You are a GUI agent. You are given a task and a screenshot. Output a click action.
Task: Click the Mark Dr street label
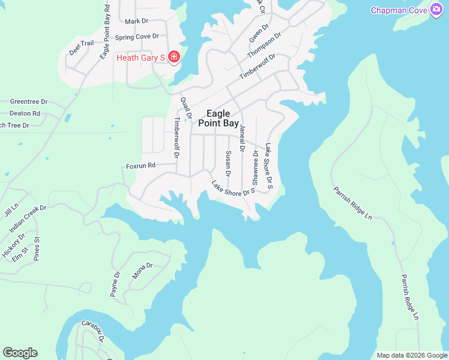(136, 21)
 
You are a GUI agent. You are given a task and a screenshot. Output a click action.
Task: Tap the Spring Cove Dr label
(137, 37)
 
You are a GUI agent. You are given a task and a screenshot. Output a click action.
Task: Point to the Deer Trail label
(82, 47)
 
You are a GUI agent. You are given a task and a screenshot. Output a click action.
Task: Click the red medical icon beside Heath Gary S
(174, 57)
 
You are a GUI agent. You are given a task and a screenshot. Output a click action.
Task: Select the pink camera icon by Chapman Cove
(436, 10)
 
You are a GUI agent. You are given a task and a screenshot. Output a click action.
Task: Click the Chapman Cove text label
(399, 10)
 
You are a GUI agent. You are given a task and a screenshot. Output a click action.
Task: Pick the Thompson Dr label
(264, 46)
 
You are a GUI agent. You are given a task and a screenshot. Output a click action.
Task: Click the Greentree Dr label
(29, 102)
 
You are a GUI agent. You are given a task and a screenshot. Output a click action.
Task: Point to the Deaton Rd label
(25, 113)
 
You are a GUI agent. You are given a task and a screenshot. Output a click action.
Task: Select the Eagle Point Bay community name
(222, 118)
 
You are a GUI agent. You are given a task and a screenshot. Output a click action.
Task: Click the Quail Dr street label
(185, 109)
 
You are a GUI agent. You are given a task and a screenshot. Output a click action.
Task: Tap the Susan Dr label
(228, 164)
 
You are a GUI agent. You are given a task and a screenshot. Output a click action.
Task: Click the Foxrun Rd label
(140, 165)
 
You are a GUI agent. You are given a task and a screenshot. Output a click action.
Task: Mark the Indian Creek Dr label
(28, 219)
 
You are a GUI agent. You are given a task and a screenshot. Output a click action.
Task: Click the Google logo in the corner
(20, 353)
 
